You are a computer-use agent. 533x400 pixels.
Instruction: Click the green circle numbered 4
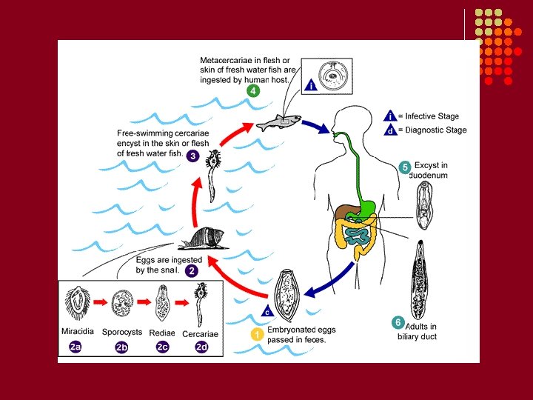(x=252, y=91)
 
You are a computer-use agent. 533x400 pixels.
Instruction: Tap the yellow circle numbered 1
(x=257, y=334)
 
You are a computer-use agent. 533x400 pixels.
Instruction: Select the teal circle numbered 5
(x=404, y=167)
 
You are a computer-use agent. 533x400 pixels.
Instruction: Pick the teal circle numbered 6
(x=398, y=322)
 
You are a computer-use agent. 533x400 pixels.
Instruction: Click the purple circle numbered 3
(x=192, y=156)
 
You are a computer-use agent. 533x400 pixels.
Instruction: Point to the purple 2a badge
(x=76, y=346)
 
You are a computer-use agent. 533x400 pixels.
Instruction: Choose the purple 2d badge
(x=201, y=346)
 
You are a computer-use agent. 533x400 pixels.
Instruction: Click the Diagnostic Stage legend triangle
(x=389, y=130)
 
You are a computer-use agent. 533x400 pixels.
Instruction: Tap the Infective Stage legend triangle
(x=389, y=116)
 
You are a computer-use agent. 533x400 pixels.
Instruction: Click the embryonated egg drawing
(x=286, y=296)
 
